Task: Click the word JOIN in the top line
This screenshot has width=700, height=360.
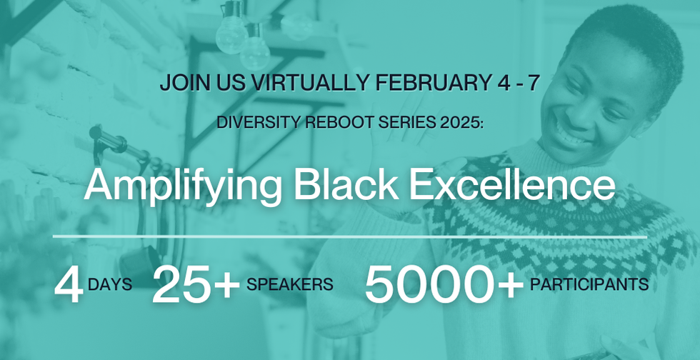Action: [180, 83]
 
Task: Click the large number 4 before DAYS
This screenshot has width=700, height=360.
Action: [69, 285]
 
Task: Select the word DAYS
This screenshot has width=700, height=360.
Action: [110, 284]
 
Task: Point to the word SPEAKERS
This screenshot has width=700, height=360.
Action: [290, 284]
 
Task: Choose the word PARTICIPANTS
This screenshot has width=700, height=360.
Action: [589, 284]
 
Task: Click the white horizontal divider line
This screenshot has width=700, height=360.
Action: [350, 236]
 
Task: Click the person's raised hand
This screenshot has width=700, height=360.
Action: [411, 147]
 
